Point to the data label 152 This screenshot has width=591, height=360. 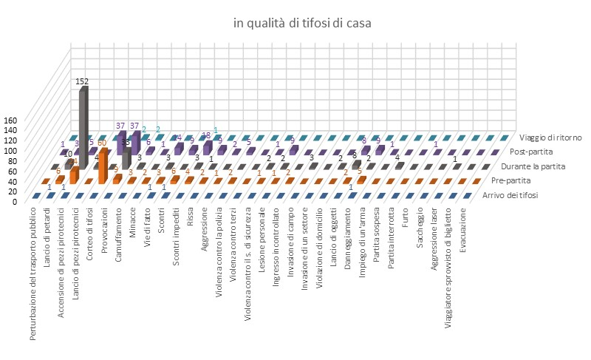coord(82,81)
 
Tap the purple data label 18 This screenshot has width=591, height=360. coord(207,135)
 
